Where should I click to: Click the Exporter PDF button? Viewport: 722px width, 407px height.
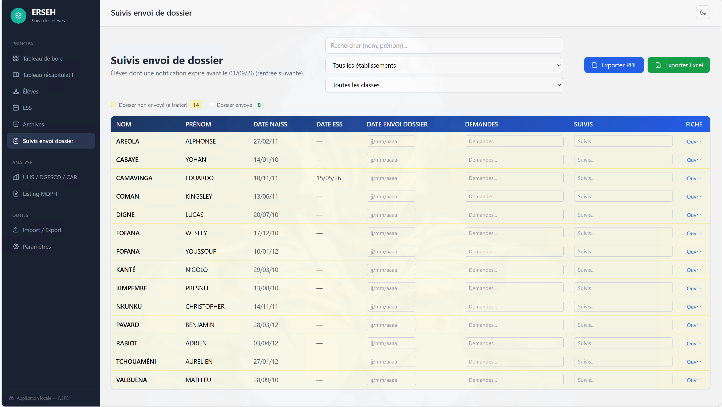(614, 65)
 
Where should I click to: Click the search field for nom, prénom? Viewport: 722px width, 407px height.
(444, 46)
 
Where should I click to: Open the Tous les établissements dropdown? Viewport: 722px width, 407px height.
(444, 65)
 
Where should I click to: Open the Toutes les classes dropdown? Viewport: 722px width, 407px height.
(444, 85)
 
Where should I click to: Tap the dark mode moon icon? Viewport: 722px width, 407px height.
(703, 12)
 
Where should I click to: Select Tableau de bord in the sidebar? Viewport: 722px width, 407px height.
(43, 59)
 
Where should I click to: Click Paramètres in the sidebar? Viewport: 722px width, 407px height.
(37, 247)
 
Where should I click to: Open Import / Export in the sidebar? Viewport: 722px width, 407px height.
(42, 230)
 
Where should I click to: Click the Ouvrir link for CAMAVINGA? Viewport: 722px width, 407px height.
(694, 178)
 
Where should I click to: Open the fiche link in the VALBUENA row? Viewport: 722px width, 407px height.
(694, 380)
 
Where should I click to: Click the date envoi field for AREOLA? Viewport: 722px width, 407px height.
(391, 141)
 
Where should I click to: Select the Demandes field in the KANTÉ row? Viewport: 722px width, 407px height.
(514, 270)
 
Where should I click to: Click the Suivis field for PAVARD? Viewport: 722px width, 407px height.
(623, 325)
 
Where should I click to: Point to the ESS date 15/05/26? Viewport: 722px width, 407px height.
(329, 178)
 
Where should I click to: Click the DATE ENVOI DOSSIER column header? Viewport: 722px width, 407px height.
(397, 124)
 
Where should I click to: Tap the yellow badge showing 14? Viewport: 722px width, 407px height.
(196, 105)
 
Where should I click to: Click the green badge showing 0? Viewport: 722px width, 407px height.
(259, 105)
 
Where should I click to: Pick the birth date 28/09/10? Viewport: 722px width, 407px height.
(266, 380)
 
